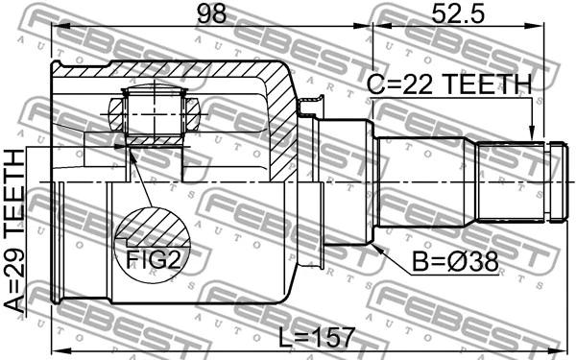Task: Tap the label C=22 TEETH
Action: click(448, 86)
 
